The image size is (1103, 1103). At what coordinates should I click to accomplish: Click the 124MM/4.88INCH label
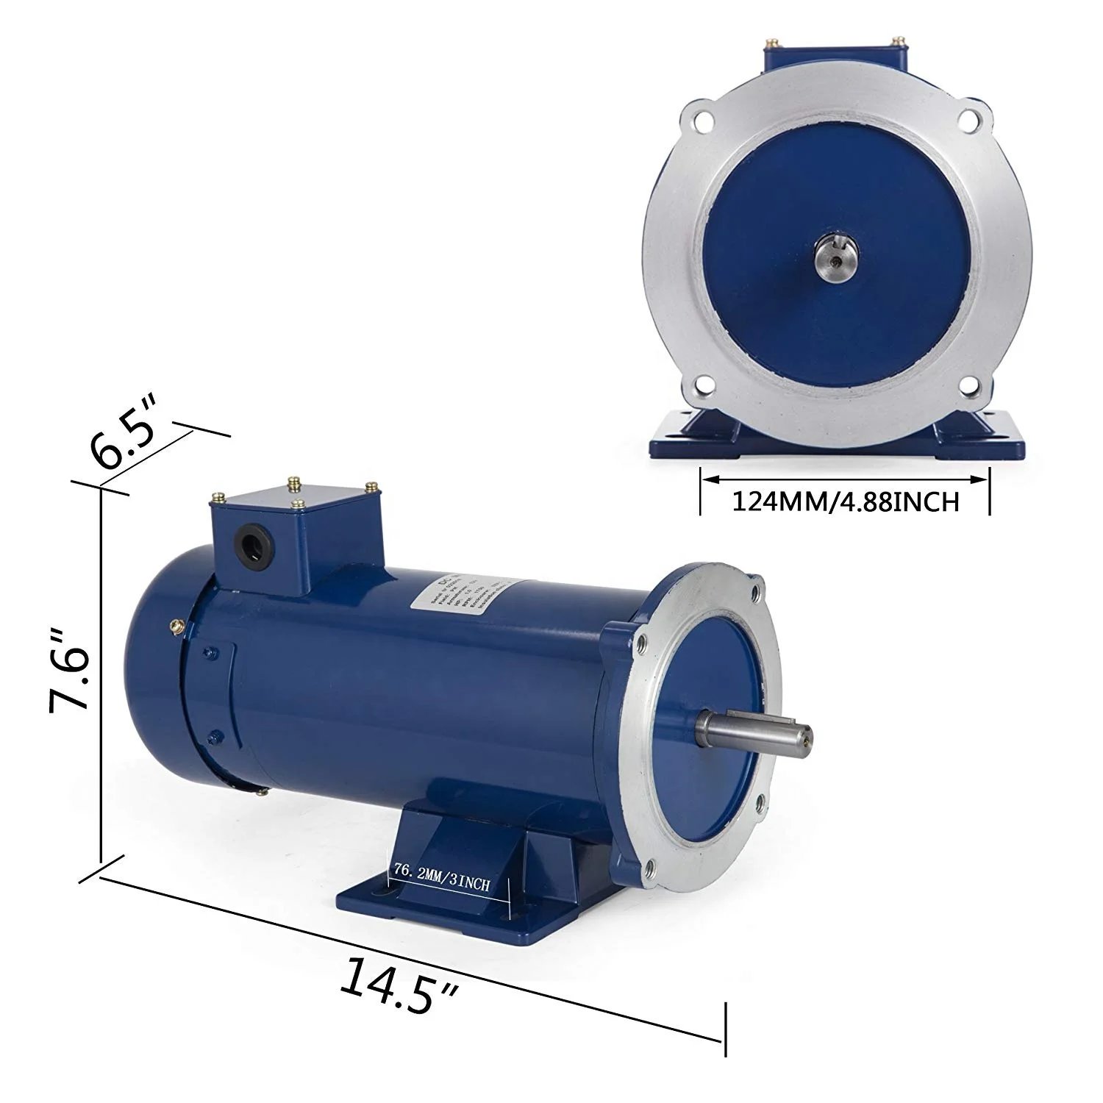point(845,502)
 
